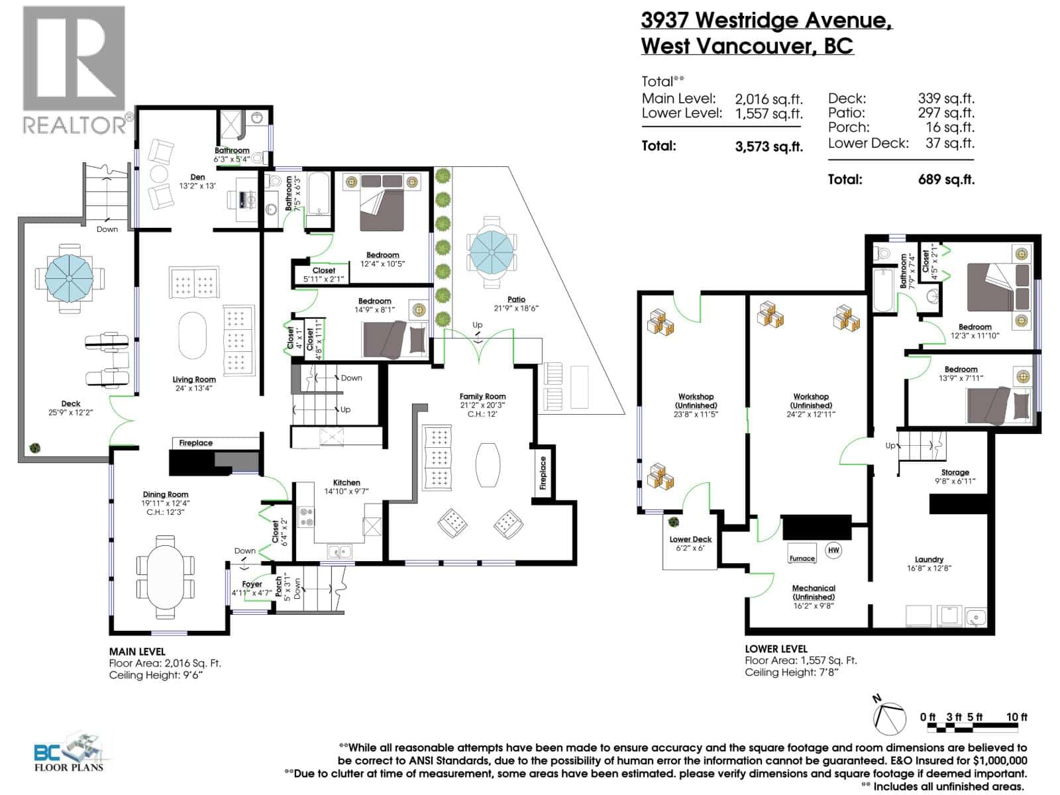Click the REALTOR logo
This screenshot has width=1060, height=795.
tap(74, 70)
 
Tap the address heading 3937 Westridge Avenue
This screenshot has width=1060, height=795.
tap(766, 21)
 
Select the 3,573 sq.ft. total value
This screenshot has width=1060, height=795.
tap(768, 147)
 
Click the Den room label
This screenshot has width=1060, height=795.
tap(197, 177)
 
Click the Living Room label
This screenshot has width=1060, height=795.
tap(194, 380)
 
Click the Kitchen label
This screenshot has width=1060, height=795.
tap(346, 483)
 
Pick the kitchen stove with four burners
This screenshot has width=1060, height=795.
tap(306, 517)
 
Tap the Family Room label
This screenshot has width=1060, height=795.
tap(482, 396)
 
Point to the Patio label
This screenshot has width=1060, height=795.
tap(517, 299)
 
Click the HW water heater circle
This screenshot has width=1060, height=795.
tap(833, 550)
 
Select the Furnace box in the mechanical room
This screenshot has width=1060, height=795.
tap(802, 558)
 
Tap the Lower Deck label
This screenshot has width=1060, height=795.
tap(690, 539)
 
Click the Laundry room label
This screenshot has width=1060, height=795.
tap(929, 559)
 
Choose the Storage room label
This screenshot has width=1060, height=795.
tap(955, 472)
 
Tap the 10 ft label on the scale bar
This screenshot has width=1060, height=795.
tap(1016, 717)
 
